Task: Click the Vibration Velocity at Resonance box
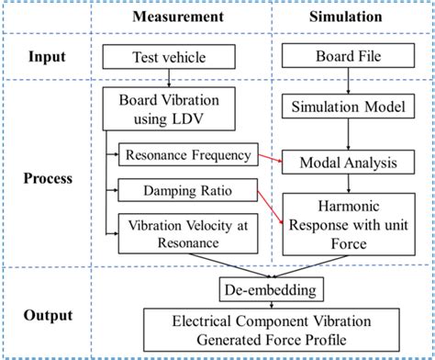pos(189,233)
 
